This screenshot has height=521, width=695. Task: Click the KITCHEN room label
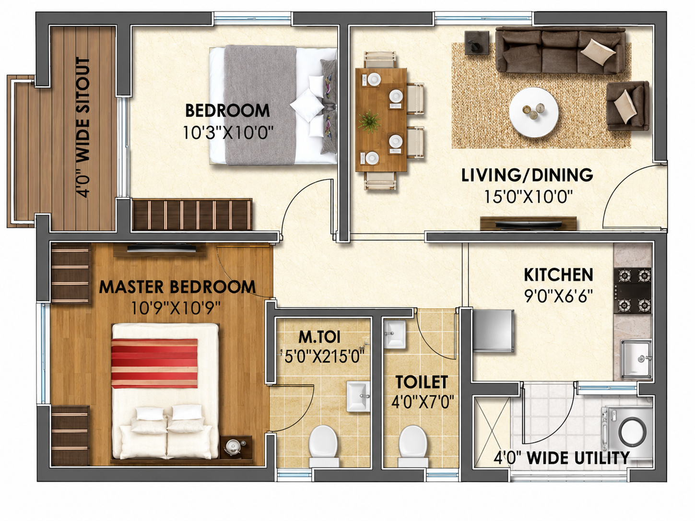(558, 274)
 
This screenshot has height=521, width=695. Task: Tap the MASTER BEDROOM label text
(177, 286)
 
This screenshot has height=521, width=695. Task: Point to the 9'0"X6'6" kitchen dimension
(558, 296)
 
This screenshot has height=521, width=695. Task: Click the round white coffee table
(534, 112)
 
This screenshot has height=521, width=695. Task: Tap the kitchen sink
(636, 359)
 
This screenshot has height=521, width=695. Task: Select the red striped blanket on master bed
(154, 363)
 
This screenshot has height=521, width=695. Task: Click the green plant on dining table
(369, 121)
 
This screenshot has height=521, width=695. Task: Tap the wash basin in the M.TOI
(358, 396)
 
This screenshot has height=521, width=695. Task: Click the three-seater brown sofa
(560, 50)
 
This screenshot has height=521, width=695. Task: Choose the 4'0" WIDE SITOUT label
(83, 127)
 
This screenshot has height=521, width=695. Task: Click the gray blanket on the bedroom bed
(260, 105)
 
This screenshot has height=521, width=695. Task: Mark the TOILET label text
(422, 382)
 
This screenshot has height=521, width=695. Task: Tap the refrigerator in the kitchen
(493, 331)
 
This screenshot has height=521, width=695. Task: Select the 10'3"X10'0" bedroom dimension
(228, 132)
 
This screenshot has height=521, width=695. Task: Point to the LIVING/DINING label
(527, 175)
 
